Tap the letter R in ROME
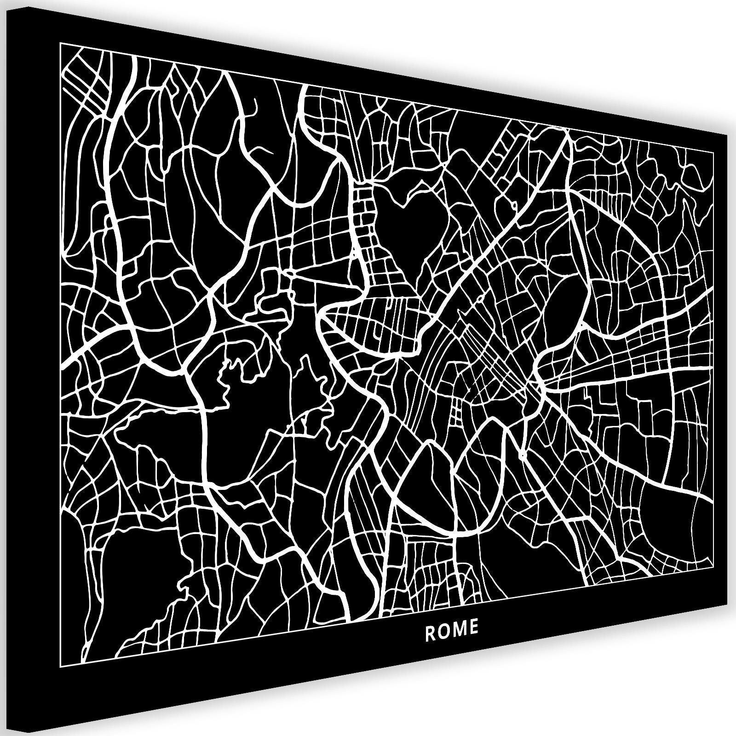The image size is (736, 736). pos(430,633)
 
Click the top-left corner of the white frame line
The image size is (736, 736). pos(60,42)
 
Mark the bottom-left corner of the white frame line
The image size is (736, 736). pos(60,665)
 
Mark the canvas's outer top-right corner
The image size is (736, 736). pos(726,139)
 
